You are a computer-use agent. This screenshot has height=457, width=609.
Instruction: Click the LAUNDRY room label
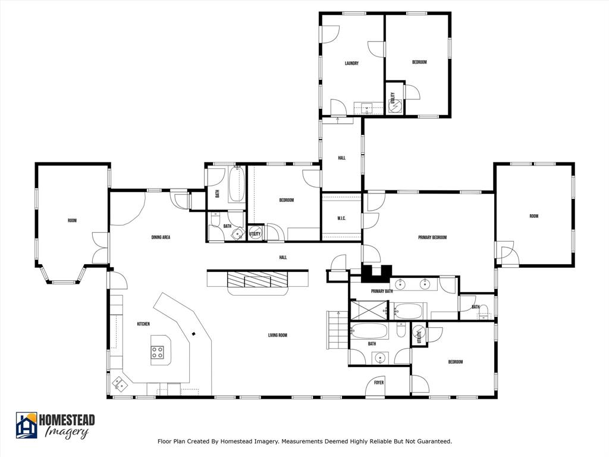[351, 63]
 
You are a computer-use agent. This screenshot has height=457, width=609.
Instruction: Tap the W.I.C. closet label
[341, 217]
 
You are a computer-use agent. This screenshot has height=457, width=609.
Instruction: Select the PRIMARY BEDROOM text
[432, 237]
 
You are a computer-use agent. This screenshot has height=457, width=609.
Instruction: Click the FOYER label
[379, 383]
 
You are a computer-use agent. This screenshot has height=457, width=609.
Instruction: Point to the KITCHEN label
[143, 324]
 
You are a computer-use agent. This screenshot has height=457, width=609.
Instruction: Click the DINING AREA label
[161, 237]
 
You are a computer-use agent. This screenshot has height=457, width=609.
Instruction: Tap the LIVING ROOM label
[277, 336]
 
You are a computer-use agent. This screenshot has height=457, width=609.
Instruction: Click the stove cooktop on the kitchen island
[158, 352]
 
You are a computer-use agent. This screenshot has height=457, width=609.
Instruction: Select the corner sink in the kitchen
[121, 384]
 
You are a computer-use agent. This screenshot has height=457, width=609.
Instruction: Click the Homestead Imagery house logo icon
[26, 425]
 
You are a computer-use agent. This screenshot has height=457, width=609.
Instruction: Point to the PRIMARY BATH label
[382, 291]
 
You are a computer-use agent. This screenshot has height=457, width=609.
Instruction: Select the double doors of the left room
[101, 248]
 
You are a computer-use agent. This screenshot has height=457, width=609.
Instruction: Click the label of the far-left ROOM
[72, 221]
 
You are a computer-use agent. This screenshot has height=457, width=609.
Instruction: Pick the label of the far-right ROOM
[533, 216]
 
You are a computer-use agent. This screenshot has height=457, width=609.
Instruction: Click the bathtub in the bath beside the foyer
[369, 331]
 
